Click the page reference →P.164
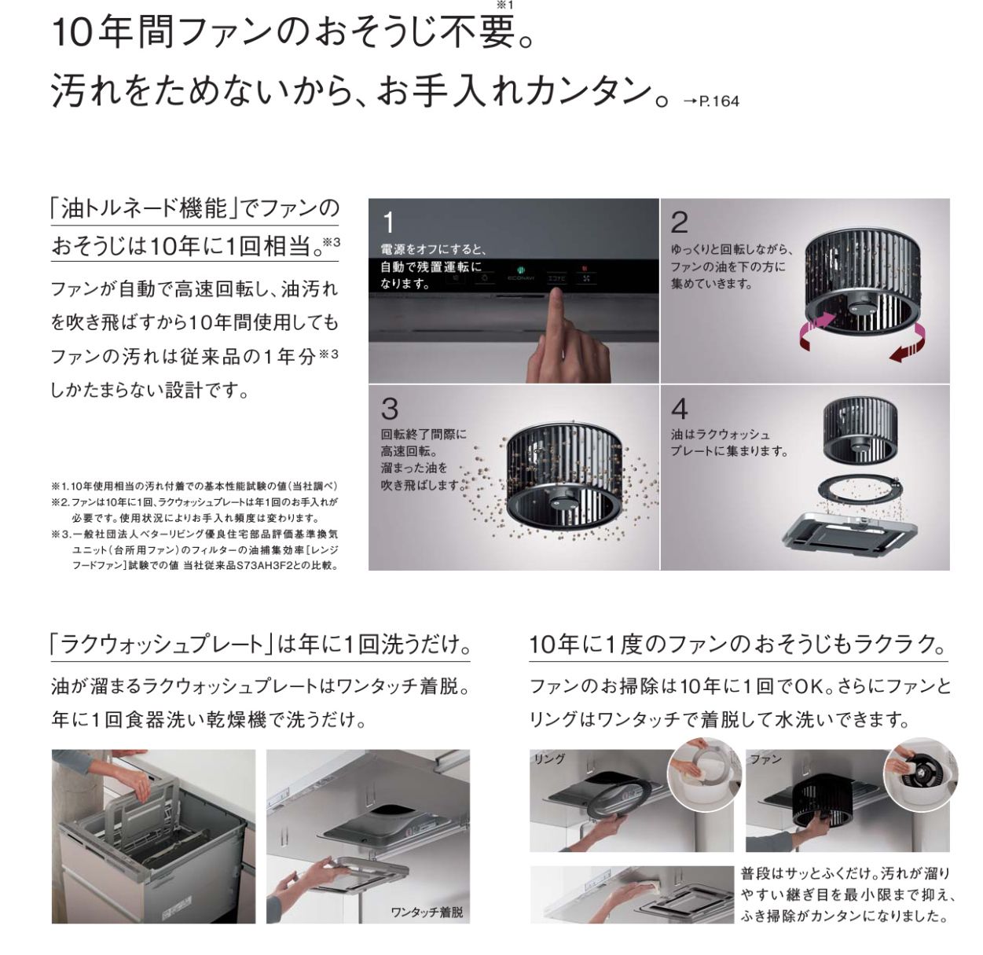point(710,101)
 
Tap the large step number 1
point(388,222)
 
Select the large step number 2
point(679,222)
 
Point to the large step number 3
point(390,408)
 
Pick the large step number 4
point(680,409)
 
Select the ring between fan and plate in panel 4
point(856,487)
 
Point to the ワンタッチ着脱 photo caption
point(427,912)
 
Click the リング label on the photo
point(549,758)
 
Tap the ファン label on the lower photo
point(766,758)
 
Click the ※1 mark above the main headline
point(505,6)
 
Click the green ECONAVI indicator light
point(520,270)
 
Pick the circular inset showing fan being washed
point(920,774)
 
